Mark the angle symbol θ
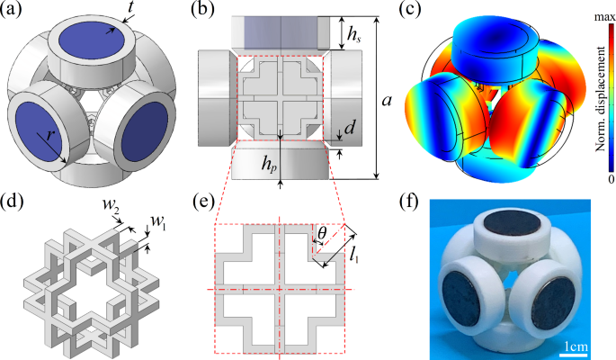(322, 232)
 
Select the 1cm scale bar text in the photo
(576, 344)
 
